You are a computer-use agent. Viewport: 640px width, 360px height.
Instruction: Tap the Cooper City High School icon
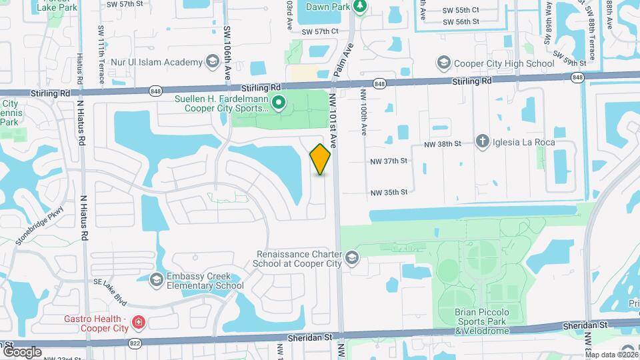coord(444,63)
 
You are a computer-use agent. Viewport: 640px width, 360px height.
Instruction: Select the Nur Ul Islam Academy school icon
coord(212,63)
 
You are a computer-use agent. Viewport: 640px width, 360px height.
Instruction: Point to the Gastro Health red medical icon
coord(138,323)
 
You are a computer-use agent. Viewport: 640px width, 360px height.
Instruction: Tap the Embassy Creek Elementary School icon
coord(157,278)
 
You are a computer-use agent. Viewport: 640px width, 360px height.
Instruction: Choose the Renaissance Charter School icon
coord(351,258)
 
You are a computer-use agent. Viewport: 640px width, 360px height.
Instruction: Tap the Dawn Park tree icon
coord(360,7)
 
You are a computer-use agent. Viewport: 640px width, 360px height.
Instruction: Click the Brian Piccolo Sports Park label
coord(483,321)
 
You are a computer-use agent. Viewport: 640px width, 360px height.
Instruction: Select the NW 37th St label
coord(389,161)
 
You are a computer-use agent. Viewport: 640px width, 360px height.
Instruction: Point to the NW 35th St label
coord(389,192)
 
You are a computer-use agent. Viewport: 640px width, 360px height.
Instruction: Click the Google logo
coord(22,351)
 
